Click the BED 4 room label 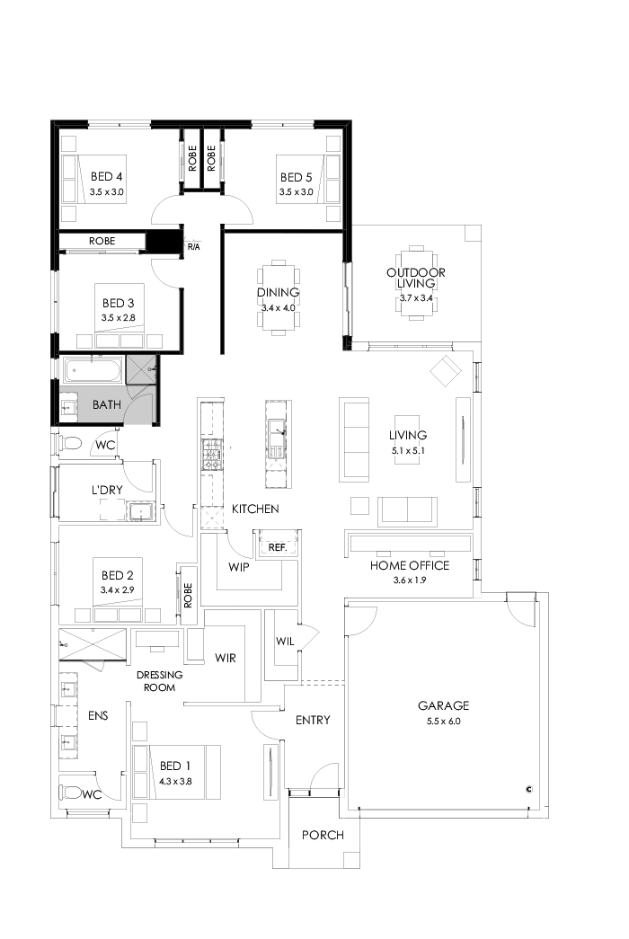[x=106, y=177]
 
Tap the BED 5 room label [x=296, y=177]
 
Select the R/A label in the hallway [x=193, y=245]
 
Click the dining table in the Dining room [x=278, y=297]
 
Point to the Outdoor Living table [x=414, y=279]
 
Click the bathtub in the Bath [x=91, y=370]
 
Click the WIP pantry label [x=239, y=568]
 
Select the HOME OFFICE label [x=409, y=565]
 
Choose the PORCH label [x=323, y=835]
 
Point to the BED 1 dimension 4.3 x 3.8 [x=176, y=781]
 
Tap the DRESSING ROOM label [x=159, y=680]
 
